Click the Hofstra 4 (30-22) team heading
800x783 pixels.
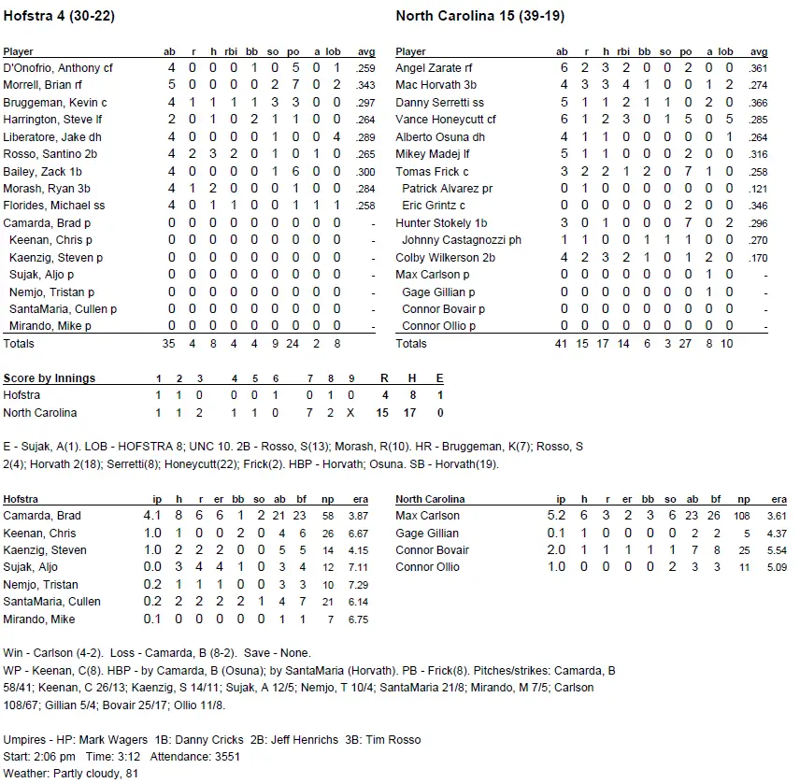coord(59,16)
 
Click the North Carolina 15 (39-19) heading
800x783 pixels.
coord(479,16)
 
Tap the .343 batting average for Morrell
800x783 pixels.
coord(366,86)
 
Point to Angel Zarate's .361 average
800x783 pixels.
coord(758,68)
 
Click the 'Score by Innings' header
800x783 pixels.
coord(49,378)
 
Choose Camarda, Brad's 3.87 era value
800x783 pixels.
coord(358,516)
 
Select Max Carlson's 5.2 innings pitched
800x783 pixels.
coord(558,516)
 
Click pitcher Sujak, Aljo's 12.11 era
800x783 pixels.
coord(356,567)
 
